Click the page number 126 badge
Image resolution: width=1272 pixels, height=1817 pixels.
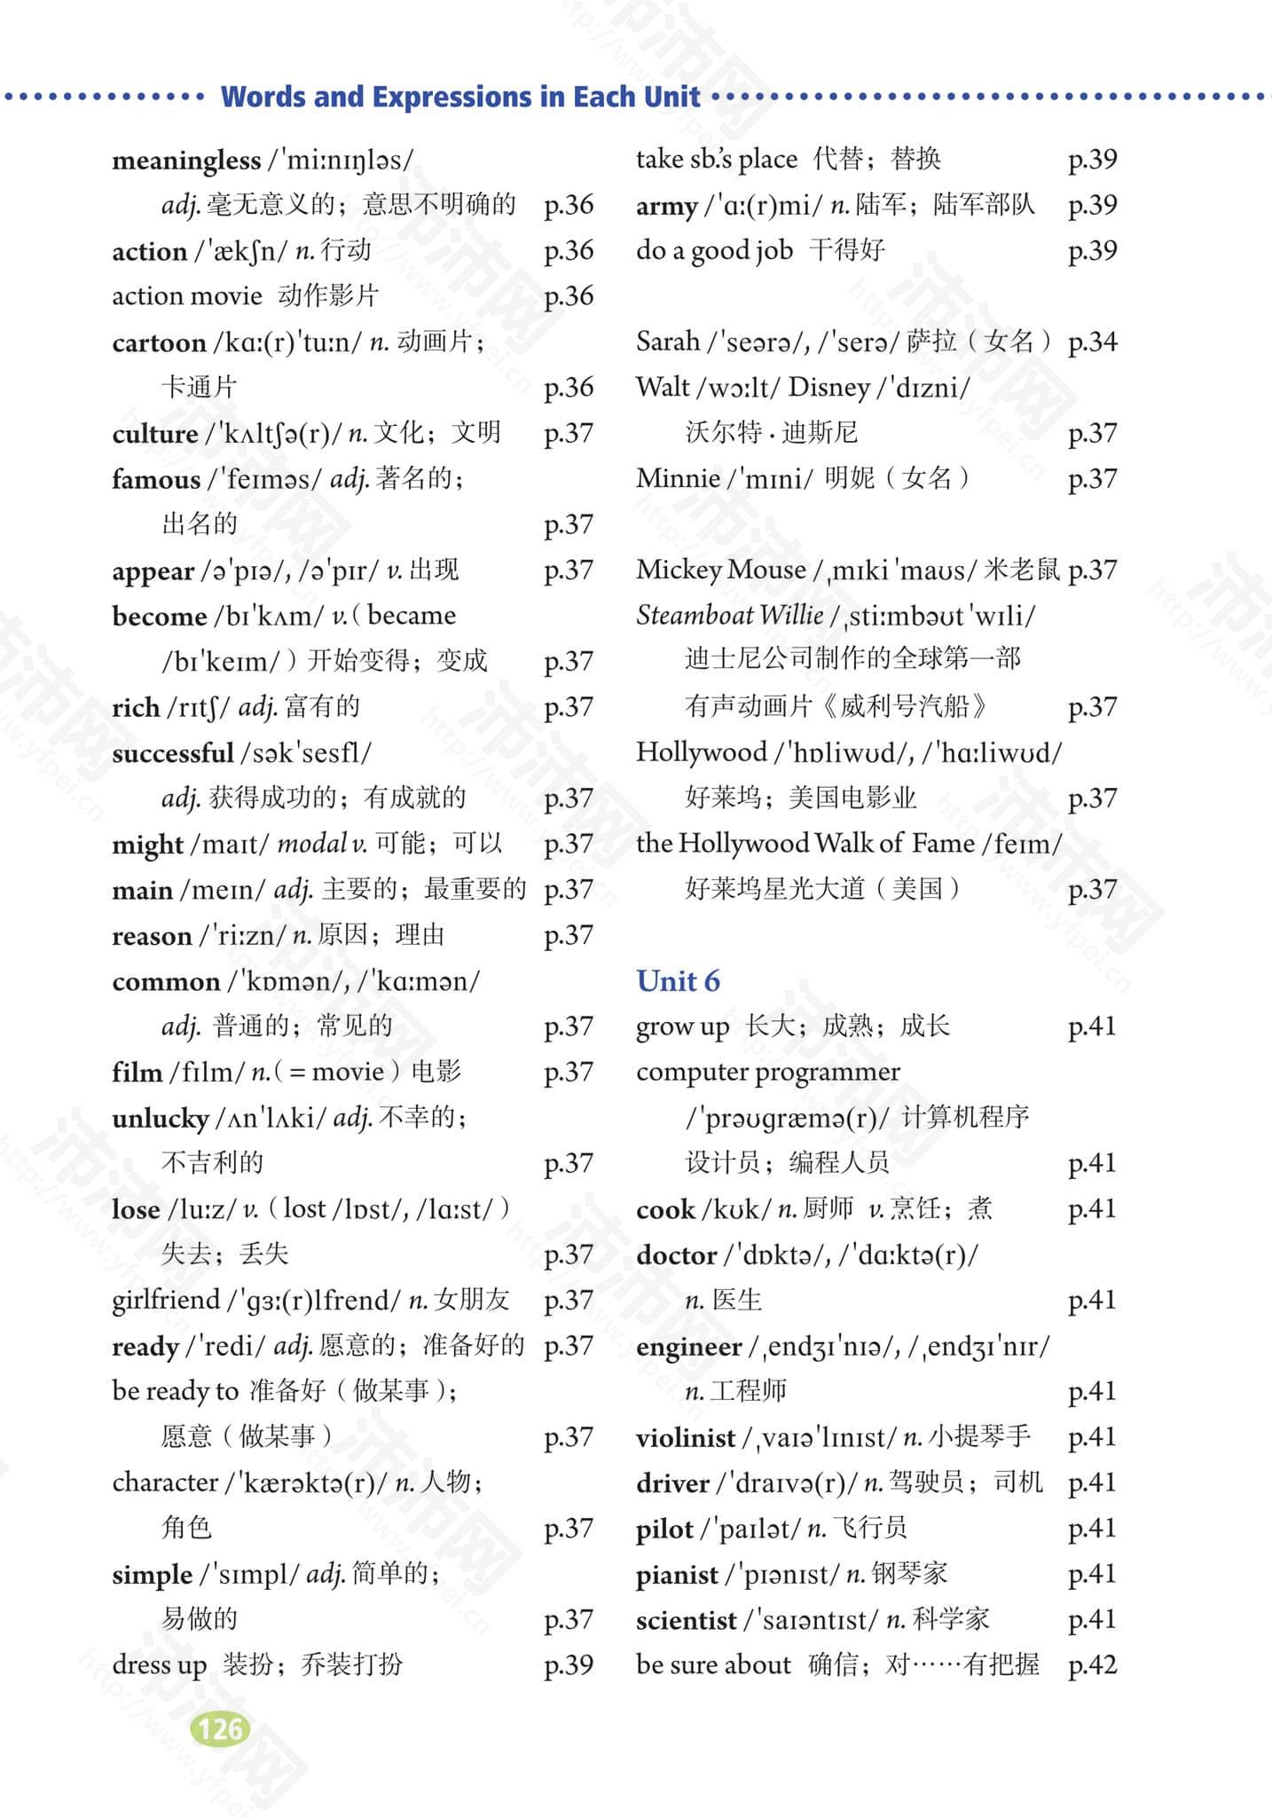(220, 1728)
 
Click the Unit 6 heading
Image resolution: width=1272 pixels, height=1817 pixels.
(678, 980)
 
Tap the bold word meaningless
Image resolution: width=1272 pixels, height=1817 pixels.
(186, 161)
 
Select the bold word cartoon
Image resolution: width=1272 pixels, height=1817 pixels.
(159, 342)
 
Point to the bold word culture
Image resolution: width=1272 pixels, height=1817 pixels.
(155, 434)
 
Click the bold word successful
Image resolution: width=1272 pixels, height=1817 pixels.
(172, 753)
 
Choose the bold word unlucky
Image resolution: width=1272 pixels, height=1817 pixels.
(161, 1118)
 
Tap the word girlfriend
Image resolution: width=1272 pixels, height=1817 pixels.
(164, 1300)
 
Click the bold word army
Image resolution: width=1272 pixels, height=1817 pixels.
(666, 206)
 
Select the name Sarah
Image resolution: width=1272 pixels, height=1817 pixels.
(668, 342)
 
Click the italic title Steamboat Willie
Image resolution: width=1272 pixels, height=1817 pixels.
(729, 615)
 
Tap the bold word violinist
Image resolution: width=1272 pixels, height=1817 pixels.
(686, 1437)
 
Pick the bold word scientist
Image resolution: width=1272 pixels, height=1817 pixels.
(686, 1620)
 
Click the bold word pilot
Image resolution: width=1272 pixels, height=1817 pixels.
(664, 1529)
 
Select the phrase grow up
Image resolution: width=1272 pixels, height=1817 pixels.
(682, 1026)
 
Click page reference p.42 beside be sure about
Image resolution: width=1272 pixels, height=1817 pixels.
(1092, 1665)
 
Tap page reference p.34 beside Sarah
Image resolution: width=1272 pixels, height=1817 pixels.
(1092, 342)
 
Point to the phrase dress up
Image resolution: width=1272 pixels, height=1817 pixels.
(159, 1664)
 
